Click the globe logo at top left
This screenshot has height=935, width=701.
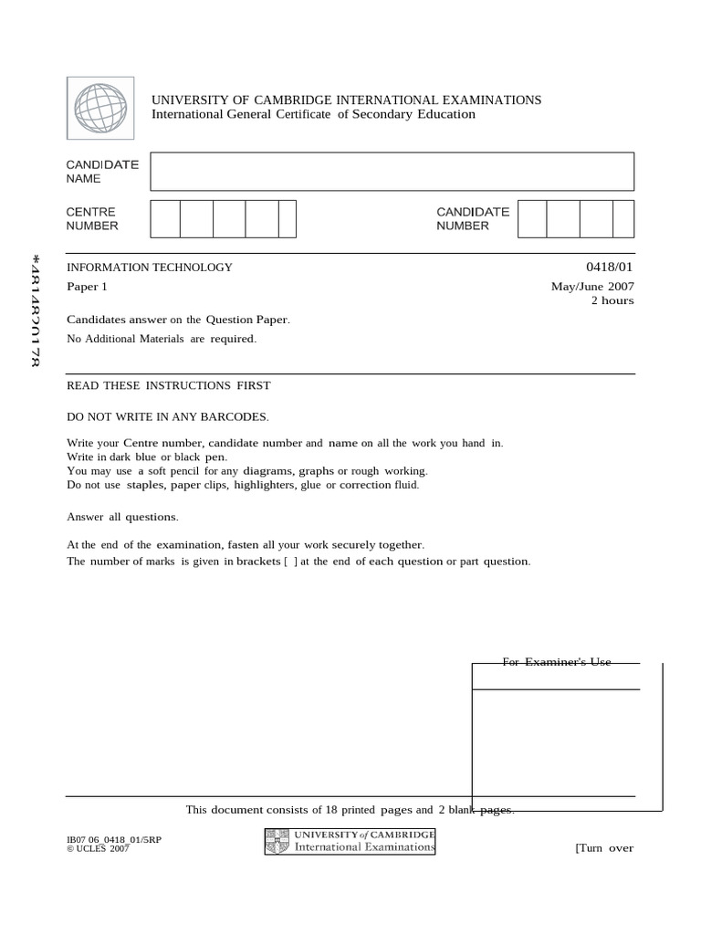click(x=100, y=109)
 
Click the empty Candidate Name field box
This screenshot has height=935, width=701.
click(x=392, y=172)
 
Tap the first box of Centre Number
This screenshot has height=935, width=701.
click(x=165, y=219)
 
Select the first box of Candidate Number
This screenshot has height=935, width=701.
click(x=532, y=219)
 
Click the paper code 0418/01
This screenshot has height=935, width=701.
click(x=610, y=267)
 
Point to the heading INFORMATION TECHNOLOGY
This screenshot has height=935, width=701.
click(x=150, y=268)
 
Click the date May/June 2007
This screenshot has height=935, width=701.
click(x=591, y=286)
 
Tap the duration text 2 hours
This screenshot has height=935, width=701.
click(x=612, y=300)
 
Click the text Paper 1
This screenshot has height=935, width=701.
click(x=88, y=286)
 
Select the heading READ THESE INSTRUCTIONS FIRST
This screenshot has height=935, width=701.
click(x=169, y=385)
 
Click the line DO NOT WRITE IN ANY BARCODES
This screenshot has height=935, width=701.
click(x=168, y=416)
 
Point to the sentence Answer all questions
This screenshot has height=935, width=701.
click(x=122, y=517)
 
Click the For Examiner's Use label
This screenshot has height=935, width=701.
click(x=556, y=662)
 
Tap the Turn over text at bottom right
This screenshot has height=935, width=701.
click(x=603, y=847)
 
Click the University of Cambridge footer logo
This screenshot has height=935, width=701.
click(x=350, y=841)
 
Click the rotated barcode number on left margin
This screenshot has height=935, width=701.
click(x=35, y=310)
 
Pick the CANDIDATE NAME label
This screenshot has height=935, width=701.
click(x=102, y=172)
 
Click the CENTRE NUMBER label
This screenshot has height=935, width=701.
click(x=92, y=219)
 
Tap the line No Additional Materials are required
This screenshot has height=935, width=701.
click(x=162, y=339)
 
